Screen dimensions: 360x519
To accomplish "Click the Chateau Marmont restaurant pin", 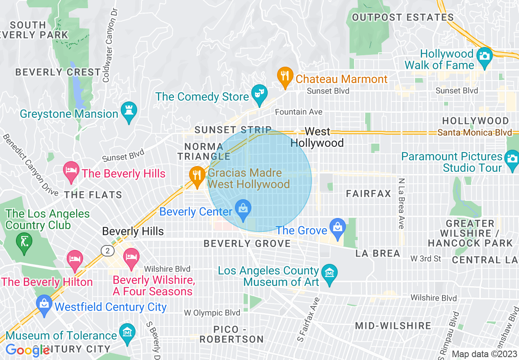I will coord(285,76).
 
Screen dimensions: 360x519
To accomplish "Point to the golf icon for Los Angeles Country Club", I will coord(24,242).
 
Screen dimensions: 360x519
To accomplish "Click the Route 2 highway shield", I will coord(108,250).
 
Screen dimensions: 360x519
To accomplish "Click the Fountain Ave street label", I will coord(298,112).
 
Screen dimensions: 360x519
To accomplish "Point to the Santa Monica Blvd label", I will coord(474,133).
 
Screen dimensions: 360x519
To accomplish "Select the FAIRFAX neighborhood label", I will coord(368,194).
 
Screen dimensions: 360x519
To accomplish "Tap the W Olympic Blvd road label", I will coord(212,313).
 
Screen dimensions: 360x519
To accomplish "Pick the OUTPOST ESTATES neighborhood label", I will coord(403,18).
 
